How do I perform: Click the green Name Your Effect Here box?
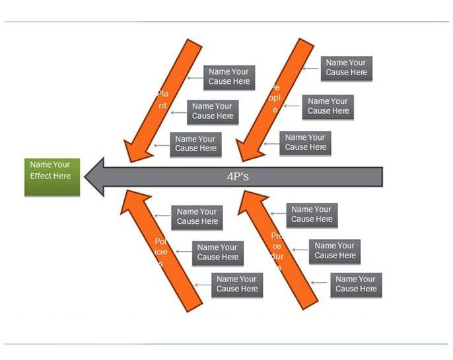pos(52,176)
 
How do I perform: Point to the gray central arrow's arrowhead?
pos(96,176)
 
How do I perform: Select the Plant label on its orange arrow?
pos(162,100)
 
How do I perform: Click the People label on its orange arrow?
pos(275,98)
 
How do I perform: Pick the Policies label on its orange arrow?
pos(161,252)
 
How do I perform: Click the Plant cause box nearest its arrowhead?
pos(195,144)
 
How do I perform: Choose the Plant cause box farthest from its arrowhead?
pos(230,77)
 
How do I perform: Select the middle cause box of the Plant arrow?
pos(213,111)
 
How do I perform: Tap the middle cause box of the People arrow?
pos(328,106)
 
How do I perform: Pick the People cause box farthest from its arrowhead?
pos(347,68)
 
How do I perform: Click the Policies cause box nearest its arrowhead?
pos(197,217)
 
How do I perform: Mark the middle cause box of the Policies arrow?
pos(218,252)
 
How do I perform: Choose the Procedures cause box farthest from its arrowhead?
pos(356,284)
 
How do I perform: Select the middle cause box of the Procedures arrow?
pos(335,250)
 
